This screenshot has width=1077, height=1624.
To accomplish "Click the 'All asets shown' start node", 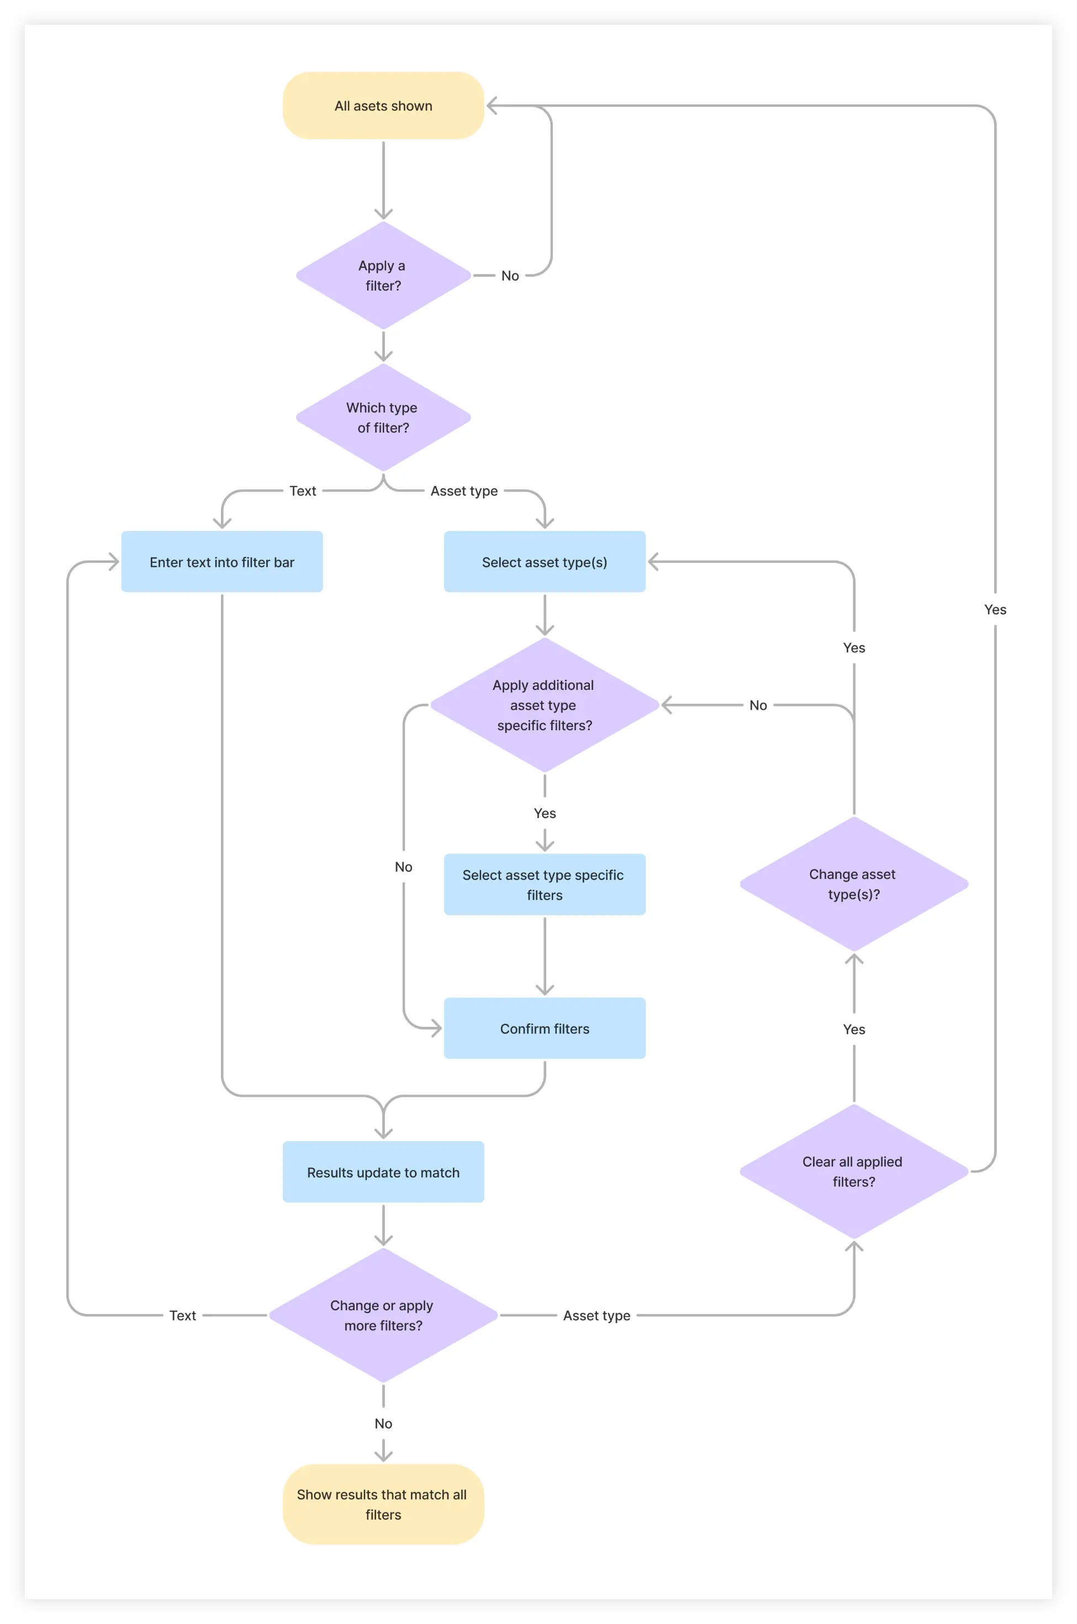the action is [x=383, y=106].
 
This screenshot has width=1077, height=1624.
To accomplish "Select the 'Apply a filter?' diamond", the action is [x=383, y=276].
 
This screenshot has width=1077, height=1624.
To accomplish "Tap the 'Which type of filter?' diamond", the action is [x=383, y=418].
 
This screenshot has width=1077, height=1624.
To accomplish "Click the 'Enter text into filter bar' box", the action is [x=222, y=562].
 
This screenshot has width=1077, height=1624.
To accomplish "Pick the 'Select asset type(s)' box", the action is [x=545, y=562].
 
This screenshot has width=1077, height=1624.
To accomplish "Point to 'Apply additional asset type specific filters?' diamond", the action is [x=545, y=705].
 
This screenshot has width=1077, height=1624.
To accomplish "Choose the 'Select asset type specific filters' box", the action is [x=545, y=885].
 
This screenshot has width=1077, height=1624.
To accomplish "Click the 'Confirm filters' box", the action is [x=545, y=1029].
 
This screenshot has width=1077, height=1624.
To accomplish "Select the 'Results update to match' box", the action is [x=383, y=1172].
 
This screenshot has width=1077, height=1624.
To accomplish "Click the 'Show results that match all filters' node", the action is [x=383, y=1505].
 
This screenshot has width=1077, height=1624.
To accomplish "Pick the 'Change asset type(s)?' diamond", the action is [x=854, y=884].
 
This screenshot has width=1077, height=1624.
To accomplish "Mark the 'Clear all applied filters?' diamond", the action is [x=854, y=1171].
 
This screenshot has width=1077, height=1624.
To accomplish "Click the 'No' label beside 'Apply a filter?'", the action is [x=510, y=276].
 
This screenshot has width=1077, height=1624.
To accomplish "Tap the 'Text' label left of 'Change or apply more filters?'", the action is [x=183, y=1316].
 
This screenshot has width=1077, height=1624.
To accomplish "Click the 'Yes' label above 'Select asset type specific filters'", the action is [x=545, y=813].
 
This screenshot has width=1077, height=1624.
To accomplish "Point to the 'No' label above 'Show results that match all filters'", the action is [x=383, y=1423].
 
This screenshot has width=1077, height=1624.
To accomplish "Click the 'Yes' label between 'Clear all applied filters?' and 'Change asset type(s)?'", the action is [x=854, y=1029].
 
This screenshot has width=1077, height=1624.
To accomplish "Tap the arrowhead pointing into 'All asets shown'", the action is [x=492, y=106].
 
